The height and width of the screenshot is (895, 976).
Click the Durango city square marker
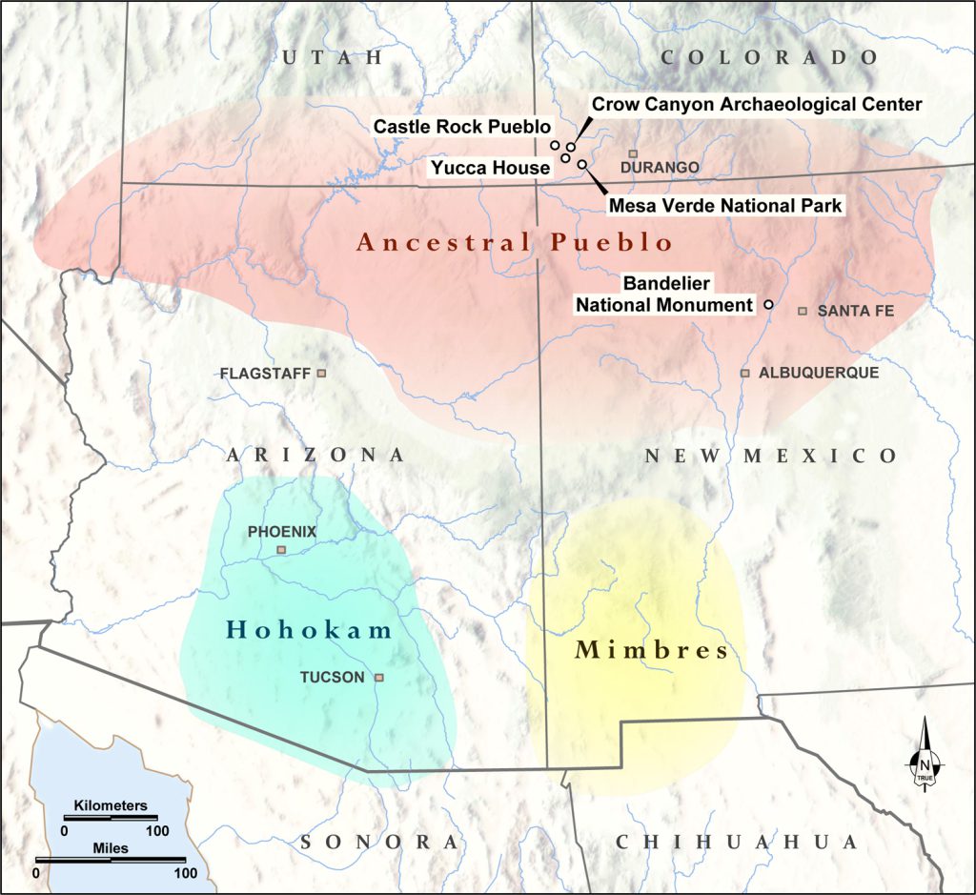coord(633,153)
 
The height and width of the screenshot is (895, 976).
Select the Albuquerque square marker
coord(745,373)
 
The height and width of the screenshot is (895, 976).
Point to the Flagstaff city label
coord(265,373)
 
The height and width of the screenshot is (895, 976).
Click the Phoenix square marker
coord(281,550)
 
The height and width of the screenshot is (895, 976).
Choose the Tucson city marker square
coord(378,678)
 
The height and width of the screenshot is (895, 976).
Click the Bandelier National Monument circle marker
coord(768,305)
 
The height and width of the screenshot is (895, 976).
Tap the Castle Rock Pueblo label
coord(462,126)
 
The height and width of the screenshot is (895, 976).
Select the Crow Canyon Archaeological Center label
coord(757,103)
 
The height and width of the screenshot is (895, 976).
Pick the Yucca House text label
coord(490,168)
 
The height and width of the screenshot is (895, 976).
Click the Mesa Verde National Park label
coord(725,205)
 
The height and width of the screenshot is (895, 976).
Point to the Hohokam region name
coord(310,629)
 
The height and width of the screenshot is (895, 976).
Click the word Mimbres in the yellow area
coord(652,651)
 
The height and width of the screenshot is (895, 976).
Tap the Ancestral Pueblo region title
coord(515,242)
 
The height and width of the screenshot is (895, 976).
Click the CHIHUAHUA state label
coord(737,842)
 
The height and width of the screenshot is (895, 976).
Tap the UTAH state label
coord(332,58)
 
